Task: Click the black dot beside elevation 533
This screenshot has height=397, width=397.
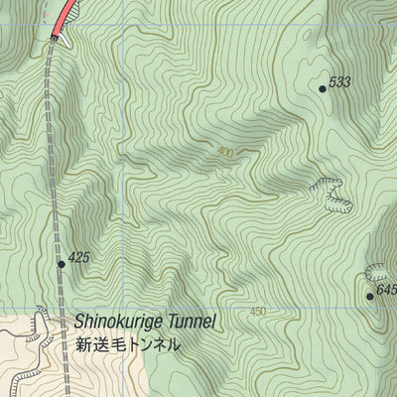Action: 323,88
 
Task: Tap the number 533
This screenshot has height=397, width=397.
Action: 340,82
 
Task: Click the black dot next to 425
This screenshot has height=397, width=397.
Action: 62,264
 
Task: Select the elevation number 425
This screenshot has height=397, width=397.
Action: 79,257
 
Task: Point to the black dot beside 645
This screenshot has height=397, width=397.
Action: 369,296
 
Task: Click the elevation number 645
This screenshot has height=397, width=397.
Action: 386,290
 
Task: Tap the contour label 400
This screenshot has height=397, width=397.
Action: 224,152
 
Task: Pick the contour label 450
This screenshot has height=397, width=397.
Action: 258,312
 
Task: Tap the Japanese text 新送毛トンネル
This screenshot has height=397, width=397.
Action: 128,344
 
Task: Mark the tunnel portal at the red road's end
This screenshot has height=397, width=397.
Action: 54,38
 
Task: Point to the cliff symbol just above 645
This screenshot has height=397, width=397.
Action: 380,270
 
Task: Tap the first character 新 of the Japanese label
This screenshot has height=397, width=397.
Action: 82,344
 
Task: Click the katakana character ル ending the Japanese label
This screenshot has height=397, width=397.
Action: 174,344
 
